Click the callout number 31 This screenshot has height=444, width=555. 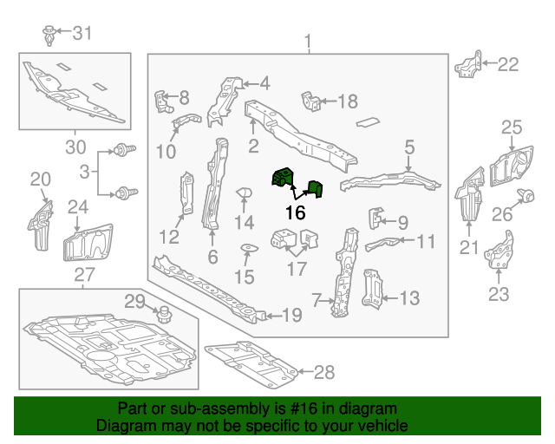tap(82, 34)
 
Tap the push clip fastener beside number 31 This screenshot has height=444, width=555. tap(49, 36)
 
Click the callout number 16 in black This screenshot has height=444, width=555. tap(295, 212)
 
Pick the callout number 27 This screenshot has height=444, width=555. tap(83, 276)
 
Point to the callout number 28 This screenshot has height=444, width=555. tap(323, 373)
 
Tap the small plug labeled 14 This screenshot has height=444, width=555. tap(244, 193)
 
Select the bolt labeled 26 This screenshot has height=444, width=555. tap(525, 195)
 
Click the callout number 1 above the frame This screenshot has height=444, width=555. tap(306, 41)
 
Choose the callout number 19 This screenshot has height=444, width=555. tap(291, 315)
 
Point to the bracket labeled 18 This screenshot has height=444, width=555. tap(310, 101)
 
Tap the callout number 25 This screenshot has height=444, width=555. tap(511, 129)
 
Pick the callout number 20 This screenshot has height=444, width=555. tap(40, 180)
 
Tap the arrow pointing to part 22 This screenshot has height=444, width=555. tap(485, 63)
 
